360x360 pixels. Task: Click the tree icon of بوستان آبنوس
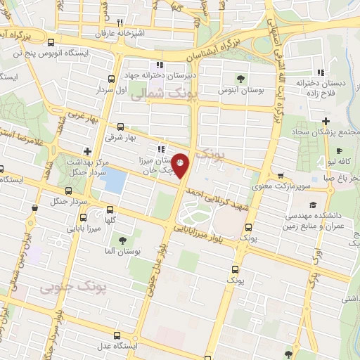click(x=241, y=78)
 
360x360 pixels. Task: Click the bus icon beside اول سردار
click(x=110, y=79)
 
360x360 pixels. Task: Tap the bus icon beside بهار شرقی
click(x=120, y=127)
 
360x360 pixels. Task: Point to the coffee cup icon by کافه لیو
click(x=338, y=151)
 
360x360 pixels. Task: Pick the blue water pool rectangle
click(x=113, y=182)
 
